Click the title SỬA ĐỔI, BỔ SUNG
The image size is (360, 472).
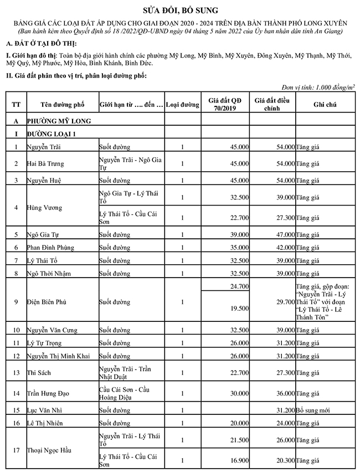tap(180, 9)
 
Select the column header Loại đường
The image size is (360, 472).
tap(182, 104)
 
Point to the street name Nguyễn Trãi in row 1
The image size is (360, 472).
tap(44, 147)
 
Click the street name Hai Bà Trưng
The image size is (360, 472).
tap(45, 164)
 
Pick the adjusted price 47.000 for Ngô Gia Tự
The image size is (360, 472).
tap(283, 234)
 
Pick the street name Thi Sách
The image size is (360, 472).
tap(39, 372)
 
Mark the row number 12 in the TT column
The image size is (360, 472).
tap(16, 355)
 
